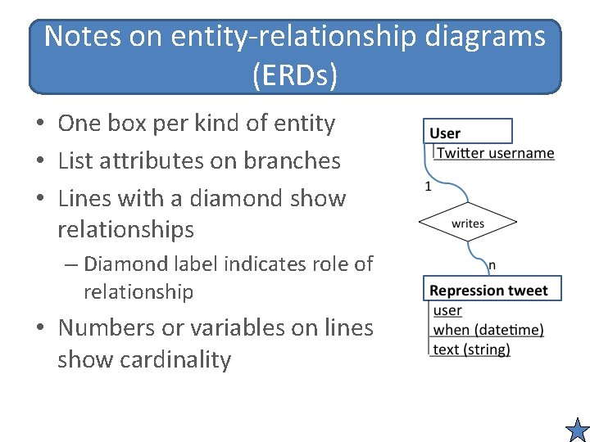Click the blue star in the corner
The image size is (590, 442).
[x=578, y=430]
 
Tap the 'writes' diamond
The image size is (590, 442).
[x=468, y=223]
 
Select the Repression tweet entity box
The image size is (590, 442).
[x=488, y=290]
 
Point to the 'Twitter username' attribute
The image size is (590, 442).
[x=495, y=153]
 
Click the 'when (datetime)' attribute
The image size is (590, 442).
[x=488, y=330]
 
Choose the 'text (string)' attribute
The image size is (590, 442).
[x=471, y=350]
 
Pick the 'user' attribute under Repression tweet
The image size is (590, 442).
[x=447, y=310]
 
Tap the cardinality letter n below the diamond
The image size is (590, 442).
[x=492, y=265]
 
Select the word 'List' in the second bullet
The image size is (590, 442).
[x=76, y=160]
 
